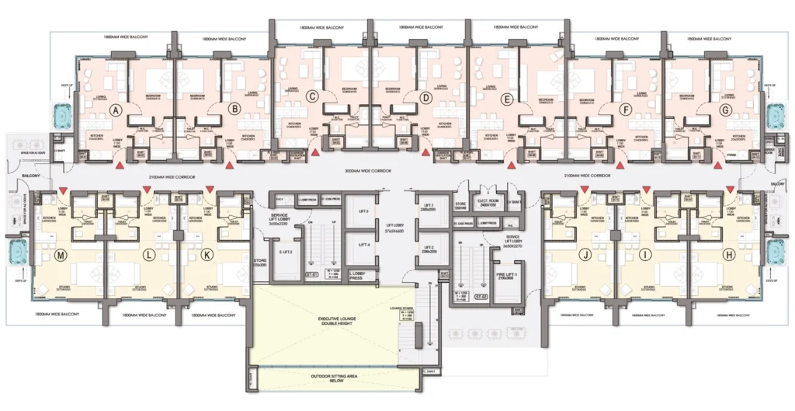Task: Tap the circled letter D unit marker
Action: (x=425, y=98)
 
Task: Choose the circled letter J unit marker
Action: (x=587, y=255)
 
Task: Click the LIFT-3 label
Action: (x=363, y=211)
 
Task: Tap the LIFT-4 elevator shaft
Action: (x=363, y=245)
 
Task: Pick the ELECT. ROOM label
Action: (x=487, y=188)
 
